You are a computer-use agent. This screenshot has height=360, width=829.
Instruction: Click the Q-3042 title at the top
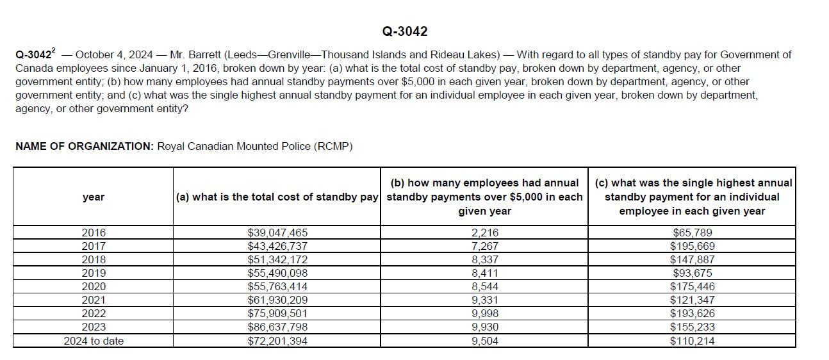404,31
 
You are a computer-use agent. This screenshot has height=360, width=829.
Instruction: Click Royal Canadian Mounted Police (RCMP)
255,146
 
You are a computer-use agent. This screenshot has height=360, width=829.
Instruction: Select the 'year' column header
94,197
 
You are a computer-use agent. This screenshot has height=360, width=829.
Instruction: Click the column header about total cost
277,197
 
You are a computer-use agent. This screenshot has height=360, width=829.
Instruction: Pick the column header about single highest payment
692,197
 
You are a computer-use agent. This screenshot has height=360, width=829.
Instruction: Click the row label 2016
94,233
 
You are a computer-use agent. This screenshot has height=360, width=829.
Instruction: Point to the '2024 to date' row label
94,341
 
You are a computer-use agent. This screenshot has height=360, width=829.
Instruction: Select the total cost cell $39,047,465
277,233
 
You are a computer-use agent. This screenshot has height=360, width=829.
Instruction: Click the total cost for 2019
277,273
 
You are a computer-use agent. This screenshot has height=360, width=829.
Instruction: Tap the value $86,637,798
277,327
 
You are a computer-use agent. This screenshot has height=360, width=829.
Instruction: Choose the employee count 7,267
484,246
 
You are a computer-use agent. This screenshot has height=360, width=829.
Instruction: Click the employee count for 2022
484,314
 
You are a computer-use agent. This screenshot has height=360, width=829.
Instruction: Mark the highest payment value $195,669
692,246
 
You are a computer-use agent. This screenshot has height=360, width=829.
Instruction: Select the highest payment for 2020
692,286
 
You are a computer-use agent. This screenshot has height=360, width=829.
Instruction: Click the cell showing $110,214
692,341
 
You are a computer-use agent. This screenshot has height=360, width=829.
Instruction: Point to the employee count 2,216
484,233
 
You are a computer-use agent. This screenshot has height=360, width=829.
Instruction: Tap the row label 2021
94,300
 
